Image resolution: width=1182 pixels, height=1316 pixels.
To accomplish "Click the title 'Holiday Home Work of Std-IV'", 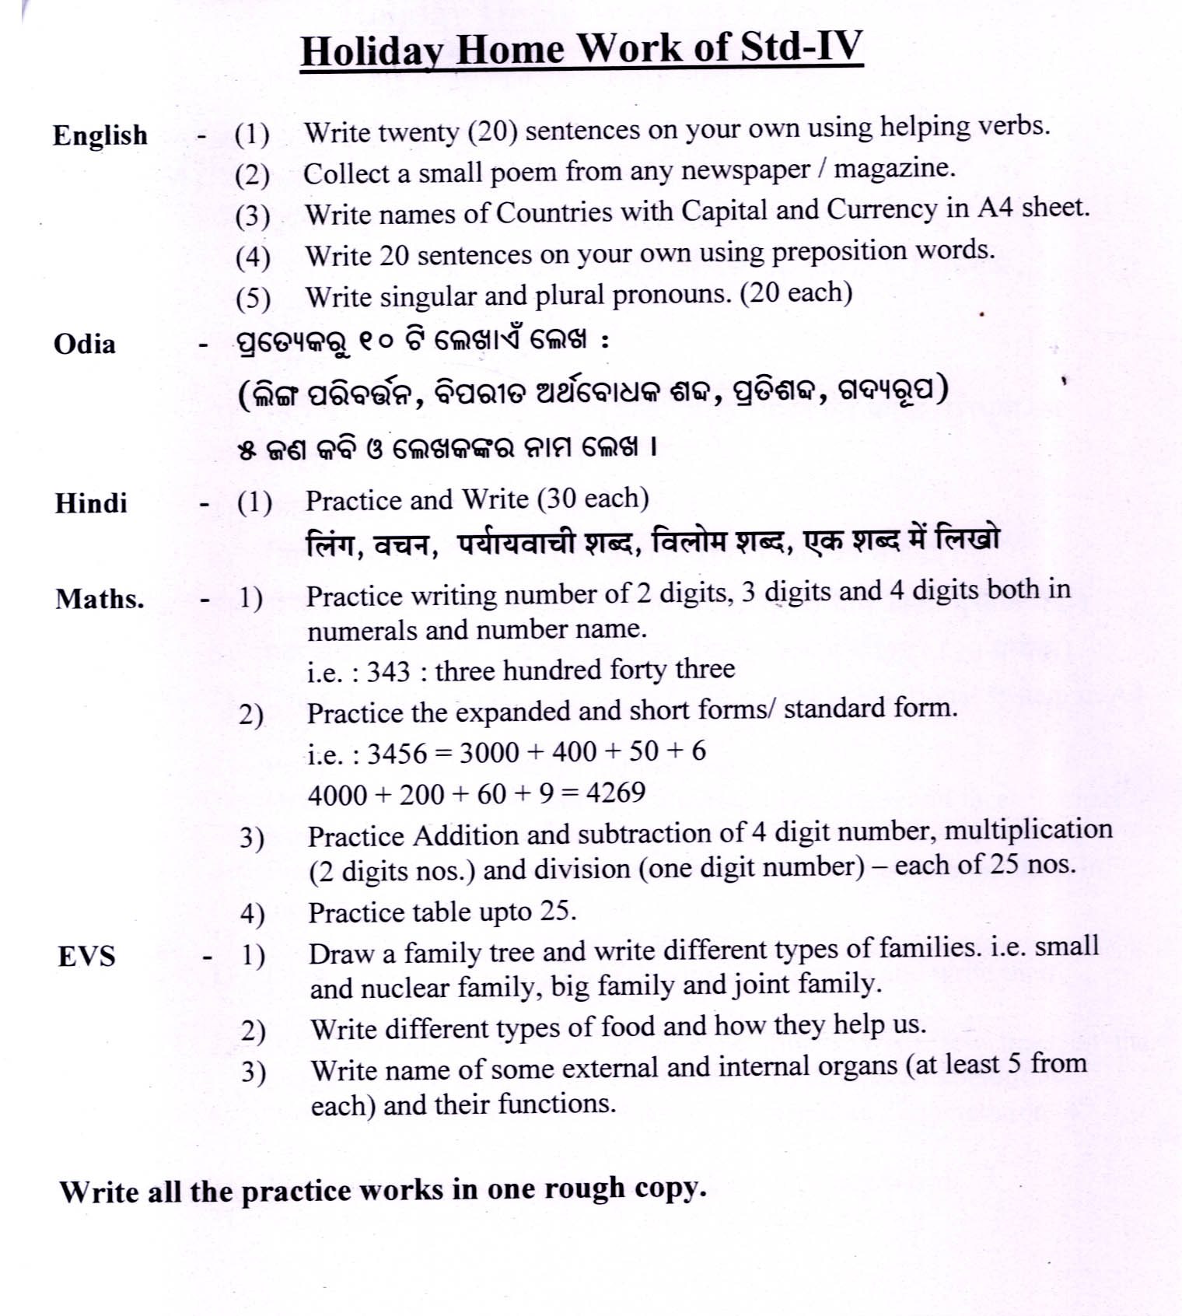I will [x=582, y=49].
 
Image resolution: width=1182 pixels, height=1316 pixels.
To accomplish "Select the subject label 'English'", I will [x=100, y=135].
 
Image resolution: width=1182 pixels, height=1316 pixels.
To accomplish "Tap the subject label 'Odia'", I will [x=85, y=344].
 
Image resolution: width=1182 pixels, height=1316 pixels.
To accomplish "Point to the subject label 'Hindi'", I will [x=91, y=503].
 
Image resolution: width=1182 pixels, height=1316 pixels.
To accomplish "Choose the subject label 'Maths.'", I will [x=100, y=599].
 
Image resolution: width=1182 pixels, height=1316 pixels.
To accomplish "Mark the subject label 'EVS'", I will [x=86, y=956].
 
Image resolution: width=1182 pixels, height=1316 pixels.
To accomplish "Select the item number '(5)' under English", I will [x=253, y=298].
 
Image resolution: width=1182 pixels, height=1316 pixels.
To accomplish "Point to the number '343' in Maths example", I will [x=388, y=671].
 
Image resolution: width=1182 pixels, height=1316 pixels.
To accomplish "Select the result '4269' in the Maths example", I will [x=615, y=793].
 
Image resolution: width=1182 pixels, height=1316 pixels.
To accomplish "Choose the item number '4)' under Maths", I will [x=252, y=914].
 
